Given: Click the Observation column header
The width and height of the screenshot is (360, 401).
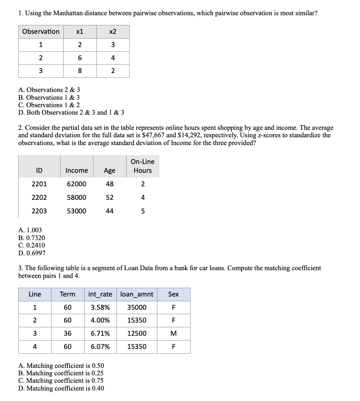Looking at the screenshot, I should [x=41, y=32].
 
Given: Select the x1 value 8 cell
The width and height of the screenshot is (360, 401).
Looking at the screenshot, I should [x=80, y=71].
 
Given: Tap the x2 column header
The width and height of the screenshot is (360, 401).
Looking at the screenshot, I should [x=113, y=32].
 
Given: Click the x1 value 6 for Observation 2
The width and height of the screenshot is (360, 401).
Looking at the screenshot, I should [x=80, y=58].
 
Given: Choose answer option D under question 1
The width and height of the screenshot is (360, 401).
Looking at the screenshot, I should [x=71, y=112].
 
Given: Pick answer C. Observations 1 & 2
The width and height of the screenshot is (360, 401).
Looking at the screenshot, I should [x=49, y=105].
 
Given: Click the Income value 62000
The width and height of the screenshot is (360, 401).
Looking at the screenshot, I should [x=76, y=184].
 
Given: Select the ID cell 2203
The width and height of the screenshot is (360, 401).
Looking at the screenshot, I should [x=39, y=211].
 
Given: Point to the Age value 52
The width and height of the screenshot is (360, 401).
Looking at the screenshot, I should [x=110, y=197].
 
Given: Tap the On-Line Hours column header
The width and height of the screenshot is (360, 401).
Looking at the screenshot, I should [x=142, y=166].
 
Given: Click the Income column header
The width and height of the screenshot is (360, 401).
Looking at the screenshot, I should [x=76, y=170].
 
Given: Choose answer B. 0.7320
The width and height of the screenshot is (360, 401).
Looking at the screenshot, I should [x=31, y=238].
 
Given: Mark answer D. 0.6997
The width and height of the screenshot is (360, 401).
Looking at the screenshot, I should [x=32, y=253].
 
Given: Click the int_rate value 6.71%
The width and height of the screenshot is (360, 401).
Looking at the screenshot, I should [x=100, y=333].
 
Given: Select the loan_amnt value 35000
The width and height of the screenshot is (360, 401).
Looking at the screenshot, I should [x=137, y=307].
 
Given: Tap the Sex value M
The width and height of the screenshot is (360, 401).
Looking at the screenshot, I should [x=173, y=333].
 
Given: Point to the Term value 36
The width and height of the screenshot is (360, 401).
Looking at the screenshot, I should [x=68, y=333].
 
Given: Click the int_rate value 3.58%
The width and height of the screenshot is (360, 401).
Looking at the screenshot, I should [x=100, y=307].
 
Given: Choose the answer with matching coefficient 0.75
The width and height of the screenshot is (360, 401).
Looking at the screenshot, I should [x=61, y=381].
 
